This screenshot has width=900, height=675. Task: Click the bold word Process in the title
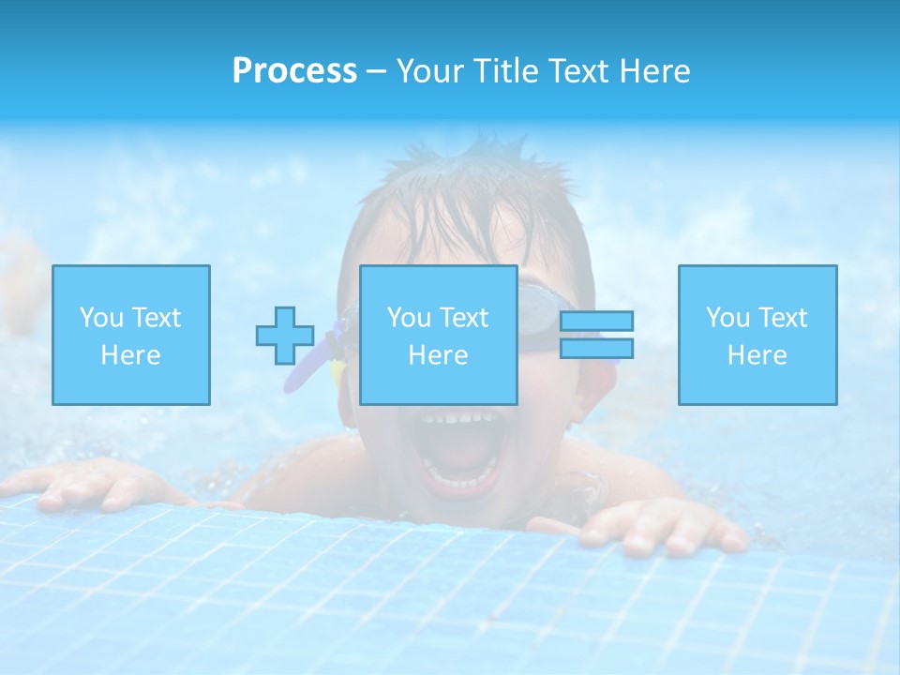click(294, 71)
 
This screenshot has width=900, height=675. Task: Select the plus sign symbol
click(285, 336)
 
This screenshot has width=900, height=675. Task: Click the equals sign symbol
click(596, 335)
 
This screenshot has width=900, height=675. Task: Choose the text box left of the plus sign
click(131, 335)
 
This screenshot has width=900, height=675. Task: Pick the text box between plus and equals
click(439, 335)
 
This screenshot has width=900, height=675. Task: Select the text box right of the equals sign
click(757, 335)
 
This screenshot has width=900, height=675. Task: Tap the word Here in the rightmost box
click(757, 355)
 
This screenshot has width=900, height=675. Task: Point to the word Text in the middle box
click(463, 318)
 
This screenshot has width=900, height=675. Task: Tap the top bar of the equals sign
click(596, 321)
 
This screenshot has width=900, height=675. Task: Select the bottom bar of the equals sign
click(596, 349)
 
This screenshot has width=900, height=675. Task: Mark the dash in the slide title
click(376, 71)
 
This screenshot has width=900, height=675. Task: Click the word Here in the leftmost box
click(131, 355)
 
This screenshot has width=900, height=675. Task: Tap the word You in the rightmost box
click(727, 318)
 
